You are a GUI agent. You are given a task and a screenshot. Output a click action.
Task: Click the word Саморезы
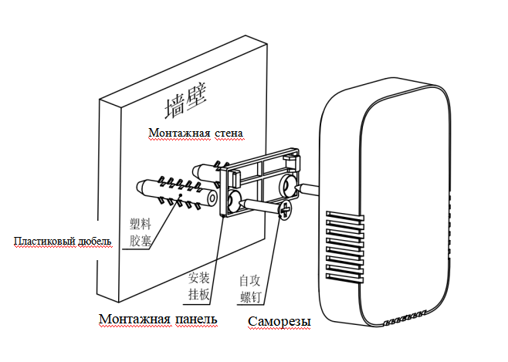point(279,322)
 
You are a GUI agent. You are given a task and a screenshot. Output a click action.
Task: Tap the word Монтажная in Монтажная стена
point(179,133)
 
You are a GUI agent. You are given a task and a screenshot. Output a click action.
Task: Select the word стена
point(229,133)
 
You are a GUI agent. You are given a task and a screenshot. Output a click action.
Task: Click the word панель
point(196,319)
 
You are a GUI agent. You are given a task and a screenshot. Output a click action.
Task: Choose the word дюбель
point(95,242)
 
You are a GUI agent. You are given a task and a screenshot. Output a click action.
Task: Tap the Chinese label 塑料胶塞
point(141,232)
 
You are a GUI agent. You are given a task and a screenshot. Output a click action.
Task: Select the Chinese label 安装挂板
point(199,286)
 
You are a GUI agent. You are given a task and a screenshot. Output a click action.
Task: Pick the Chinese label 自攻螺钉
point(250,289)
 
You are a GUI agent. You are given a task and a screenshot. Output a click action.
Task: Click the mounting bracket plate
point(260,181)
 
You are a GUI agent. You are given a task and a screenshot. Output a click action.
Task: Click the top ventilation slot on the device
point(344,216)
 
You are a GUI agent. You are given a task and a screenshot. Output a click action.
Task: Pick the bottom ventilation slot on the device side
point(344,277)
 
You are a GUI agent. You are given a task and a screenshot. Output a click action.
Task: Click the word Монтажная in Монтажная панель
point(135,319)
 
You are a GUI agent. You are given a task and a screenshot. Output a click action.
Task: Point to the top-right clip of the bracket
point(291,161)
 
